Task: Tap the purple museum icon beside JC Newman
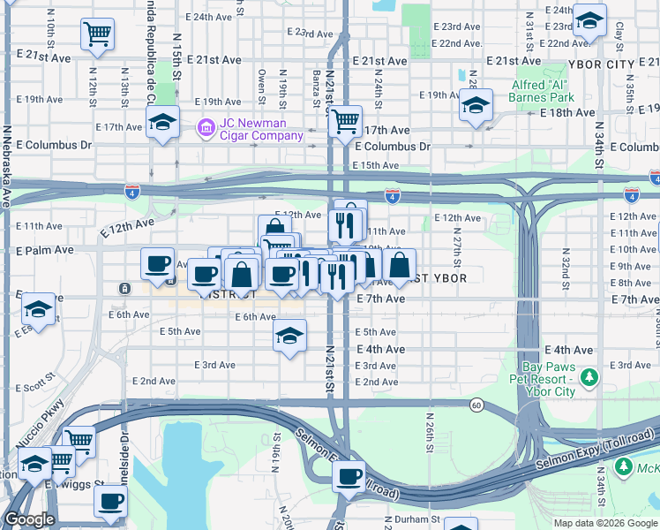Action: pos(206,129)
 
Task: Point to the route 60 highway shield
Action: pos(476,405)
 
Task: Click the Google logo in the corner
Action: pos(29,520)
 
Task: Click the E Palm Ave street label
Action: pos(45,250)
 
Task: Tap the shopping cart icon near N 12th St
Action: pos(97,35)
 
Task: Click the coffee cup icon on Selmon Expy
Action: pos(349,477)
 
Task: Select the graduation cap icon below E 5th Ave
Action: pos(289,337)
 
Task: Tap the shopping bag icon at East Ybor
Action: pos(400,264)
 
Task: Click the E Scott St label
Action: pos(34,387)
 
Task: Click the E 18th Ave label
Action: pos(568,113)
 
